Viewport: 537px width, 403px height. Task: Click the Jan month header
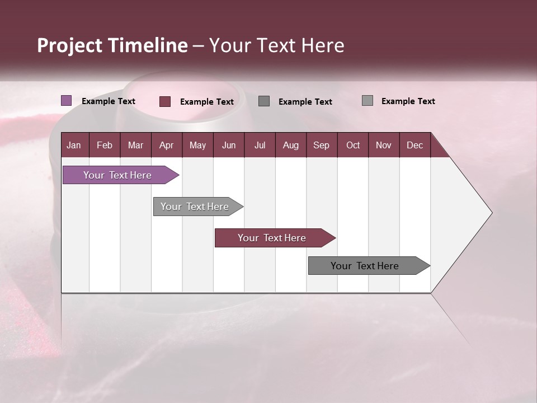(x=74, y=145)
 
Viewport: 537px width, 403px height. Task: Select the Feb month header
(x=105, y=145)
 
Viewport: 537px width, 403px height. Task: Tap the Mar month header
(x=135, y=145)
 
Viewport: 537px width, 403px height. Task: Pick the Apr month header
(x=167, y=145)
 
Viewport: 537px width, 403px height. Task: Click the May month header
(x=197, y=145)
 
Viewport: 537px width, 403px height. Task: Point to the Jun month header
(x=229, y=145)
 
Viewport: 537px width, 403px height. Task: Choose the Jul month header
(x=260, y=145)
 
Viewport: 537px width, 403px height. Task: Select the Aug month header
(x=291, y=145)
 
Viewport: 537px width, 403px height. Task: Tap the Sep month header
(x=322, y=145)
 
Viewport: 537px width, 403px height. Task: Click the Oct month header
(x=353, y=145)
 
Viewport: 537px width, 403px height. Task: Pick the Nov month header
(x=384, y=145)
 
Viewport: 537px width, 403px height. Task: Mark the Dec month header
(x=415, y=145)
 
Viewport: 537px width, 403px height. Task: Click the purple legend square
(x=67, y=101)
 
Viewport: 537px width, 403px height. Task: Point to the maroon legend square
(x=165, y=101)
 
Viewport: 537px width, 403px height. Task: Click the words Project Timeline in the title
(x=112, y=45)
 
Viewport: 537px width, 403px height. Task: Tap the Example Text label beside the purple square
(x=109, y=101)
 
